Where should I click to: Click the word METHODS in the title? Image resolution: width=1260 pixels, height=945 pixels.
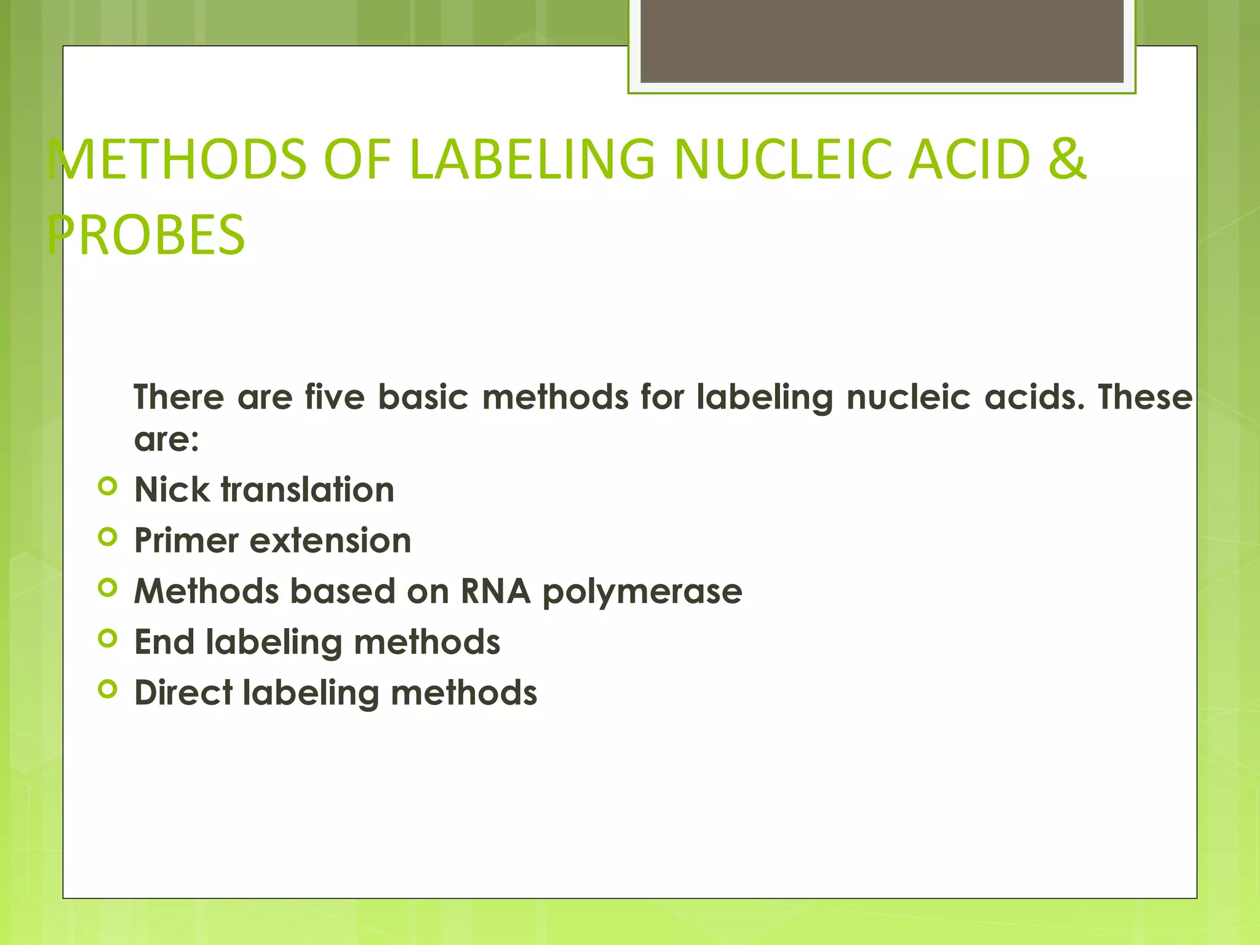pyautogui.click(x=177, y=159)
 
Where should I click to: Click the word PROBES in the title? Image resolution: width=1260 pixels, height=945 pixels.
pyautogui.click(x=146, y=234)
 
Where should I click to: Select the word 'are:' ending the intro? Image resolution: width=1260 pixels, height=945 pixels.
pyautogui.click(x=167, y=439)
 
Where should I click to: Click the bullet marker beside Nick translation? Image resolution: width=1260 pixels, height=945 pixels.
pyautogui.click(x=107, y=487)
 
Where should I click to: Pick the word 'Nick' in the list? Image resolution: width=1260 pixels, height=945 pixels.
pyautogui.click(x=172, y=490)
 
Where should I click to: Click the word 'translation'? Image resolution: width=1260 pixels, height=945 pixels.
pyautogui.click(x=308, y=490)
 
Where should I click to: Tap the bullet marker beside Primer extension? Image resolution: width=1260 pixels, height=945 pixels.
pyautogui.click(x=107, y=537)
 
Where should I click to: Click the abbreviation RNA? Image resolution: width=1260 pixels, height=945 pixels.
pyautogui.click(x=495, y=591)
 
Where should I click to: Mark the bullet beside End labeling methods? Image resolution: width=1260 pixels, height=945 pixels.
pyautogui.click(x=107, y=639)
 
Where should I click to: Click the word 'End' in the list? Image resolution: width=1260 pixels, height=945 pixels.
pyautogui.click(x=164, y=642)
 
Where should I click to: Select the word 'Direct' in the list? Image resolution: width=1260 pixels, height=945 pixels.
pyautogui.click(x=183, y=693)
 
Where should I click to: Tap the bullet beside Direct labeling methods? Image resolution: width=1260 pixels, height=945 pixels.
pyautogui.click(x=107, y=689)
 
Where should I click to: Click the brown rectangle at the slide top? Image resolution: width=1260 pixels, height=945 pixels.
pyautogui.click(x=882, y=41)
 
